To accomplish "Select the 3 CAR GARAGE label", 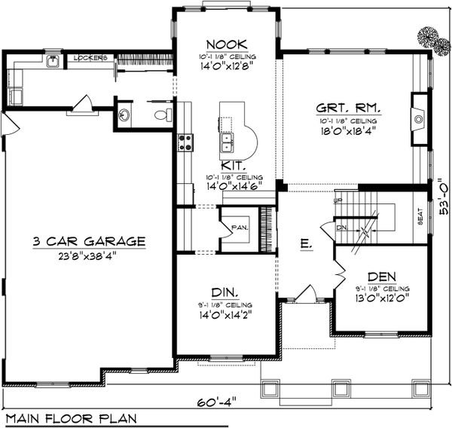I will [89, 241].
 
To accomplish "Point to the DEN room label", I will [382, 276].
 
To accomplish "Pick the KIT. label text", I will [232, 164].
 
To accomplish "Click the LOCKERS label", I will [90, 58].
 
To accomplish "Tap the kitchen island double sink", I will [228, 139].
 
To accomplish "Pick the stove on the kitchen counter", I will [185, 142].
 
